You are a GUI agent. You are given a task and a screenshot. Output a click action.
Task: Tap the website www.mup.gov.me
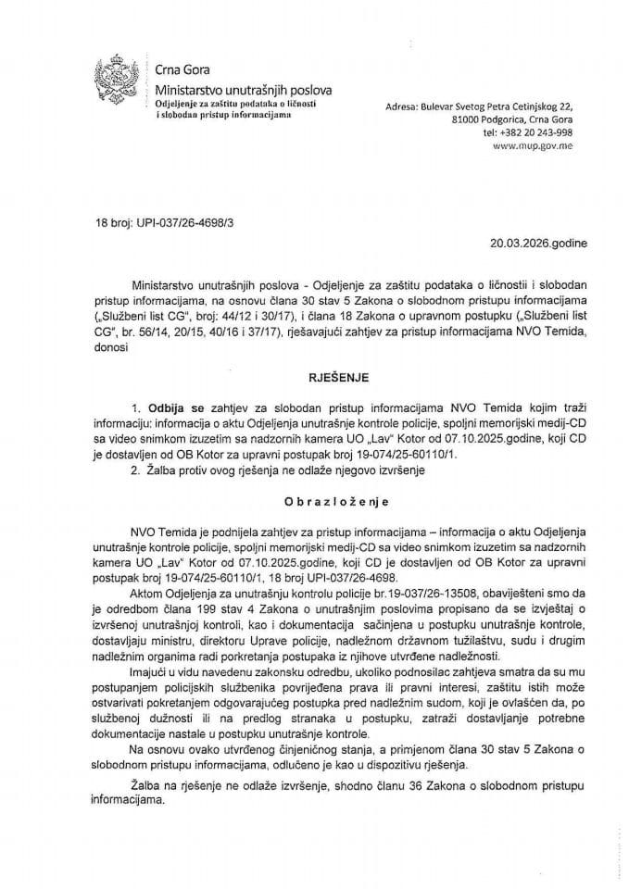click(533, 147)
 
